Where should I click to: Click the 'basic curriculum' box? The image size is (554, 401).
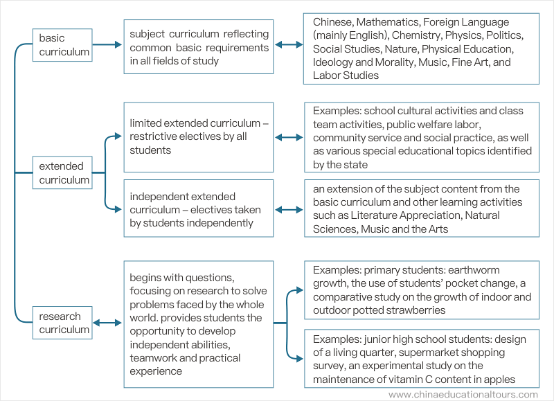point(62,45)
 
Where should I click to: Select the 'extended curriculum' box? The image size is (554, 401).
point(62,172)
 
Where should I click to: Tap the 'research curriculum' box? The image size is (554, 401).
point(62,323)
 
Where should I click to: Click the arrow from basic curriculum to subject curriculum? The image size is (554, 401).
point(107,44)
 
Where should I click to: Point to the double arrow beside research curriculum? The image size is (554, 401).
point(107,323)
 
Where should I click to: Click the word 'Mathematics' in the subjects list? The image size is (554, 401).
point(388,22)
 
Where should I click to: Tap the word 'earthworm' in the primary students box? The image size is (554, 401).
point(474,270)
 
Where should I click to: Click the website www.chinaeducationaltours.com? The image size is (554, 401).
point(463,394)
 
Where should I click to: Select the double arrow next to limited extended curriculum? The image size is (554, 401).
point(289,137)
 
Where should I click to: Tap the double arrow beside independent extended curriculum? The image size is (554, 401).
point(289,210)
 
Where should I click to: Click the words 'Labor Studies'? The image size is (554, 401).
point(346,75)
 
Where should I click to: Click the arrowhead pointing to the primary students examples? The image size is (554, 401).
point(300,290)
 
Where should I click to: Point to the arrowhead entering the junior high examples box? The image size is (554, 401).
point(300,359)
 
